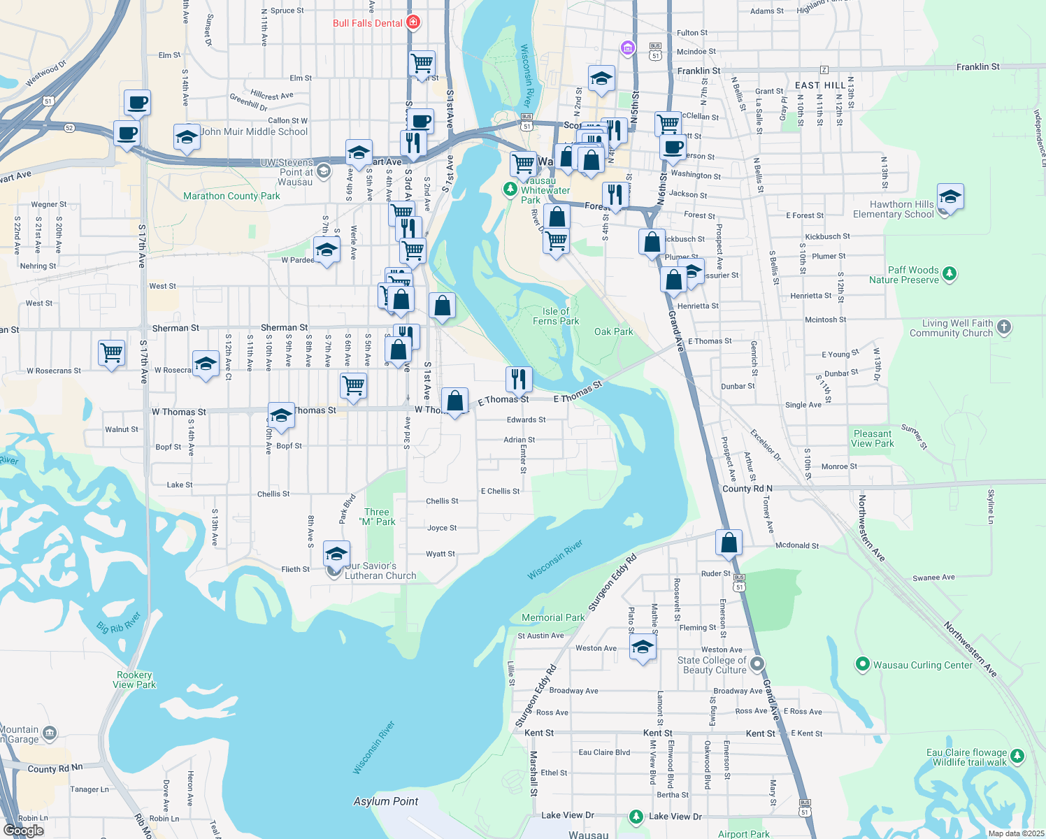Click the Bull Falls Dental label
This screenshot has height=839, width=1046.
[368, 23]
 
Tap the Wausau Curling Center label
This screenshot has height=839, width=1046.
[922, 665]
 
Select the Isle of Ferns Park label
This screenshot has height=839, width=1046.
[556, 316]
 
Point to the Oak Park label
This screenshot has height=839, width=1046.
[613, 331]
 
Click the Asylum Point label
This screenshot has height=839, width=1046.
[386, 801]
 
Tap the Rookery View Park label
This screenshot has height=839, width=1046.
[135, 680]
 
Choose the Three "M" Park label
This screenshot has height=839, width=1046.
[377, 517]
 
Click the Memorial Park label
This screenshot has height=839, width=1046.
[553, 617]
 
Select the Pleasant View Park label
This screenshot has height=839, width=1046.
[873, 438]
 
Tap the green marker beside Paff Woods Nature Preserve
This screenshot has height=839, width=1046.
[950, 273]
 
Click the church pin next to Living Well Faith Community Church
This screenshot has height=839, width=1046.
[1004, 327]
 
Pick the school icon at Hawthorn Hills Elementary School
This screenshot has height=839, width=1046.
[950, 197]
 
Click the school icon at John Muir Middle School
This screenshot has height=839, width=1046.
[187, 138]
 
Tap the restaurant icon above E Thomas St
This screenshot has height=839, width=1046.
[519, 379]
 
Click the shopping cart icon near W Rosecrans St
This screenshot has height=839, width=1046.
[112, 352]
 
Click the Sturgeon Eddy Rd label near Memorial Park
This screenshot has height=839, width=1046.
[613, 583]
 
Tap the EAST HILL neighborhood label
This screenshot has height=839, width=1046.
[819, 85]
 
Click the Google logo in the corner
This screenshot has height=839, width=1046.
[24, 831]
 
